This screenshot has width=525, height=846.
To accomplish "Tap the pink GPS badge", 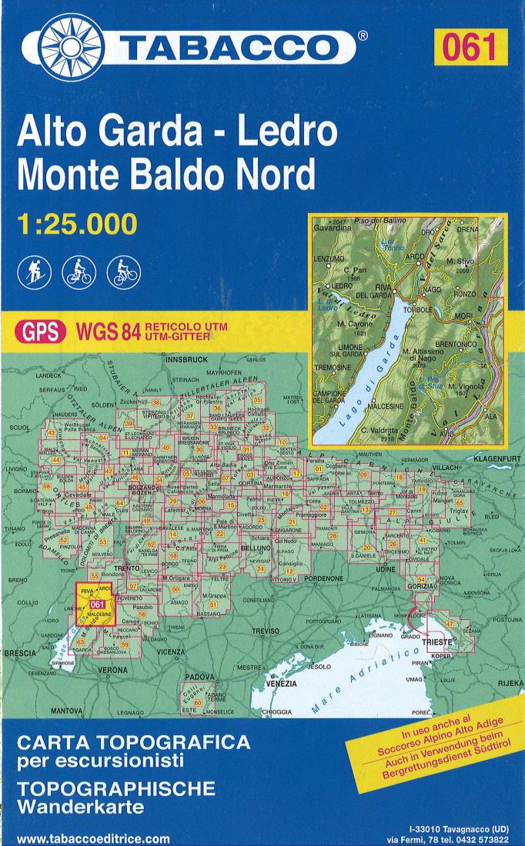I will point(41,331).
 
